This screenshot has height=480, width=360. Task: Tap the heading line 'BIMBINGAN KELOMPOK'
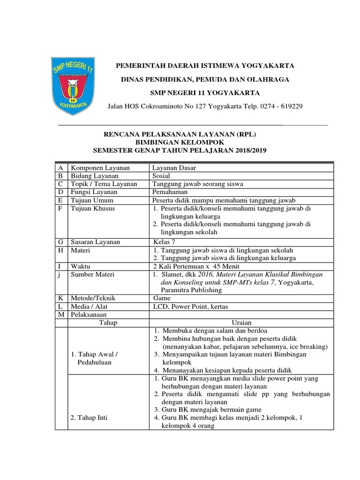180,142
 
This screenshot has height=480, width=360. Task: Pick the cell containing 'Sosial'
162,175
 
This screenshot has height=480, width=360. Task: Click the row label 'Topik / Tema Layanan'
104,184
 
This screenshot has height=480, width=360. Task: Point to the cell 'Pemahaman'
170,192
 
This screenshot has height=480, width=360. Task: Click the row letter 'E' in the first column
60,200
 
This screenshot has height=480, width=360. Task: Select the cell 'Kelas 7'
165,242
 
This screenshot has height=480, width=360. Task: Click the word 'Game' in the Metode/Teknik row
162,298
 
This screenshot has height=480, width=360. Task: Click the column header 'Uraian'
242,322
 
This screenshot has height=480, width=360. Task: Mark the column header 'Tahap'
108,322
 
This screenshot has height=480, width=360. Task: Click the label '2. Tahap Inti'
89,417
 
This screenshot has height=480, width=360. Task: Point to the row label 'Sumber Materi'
92,274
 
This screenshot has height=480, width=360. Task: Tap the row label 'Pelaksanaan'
89,315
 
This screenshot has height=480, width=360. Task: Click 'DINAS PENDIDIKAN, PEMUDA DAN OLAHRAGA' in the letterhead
205,80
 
